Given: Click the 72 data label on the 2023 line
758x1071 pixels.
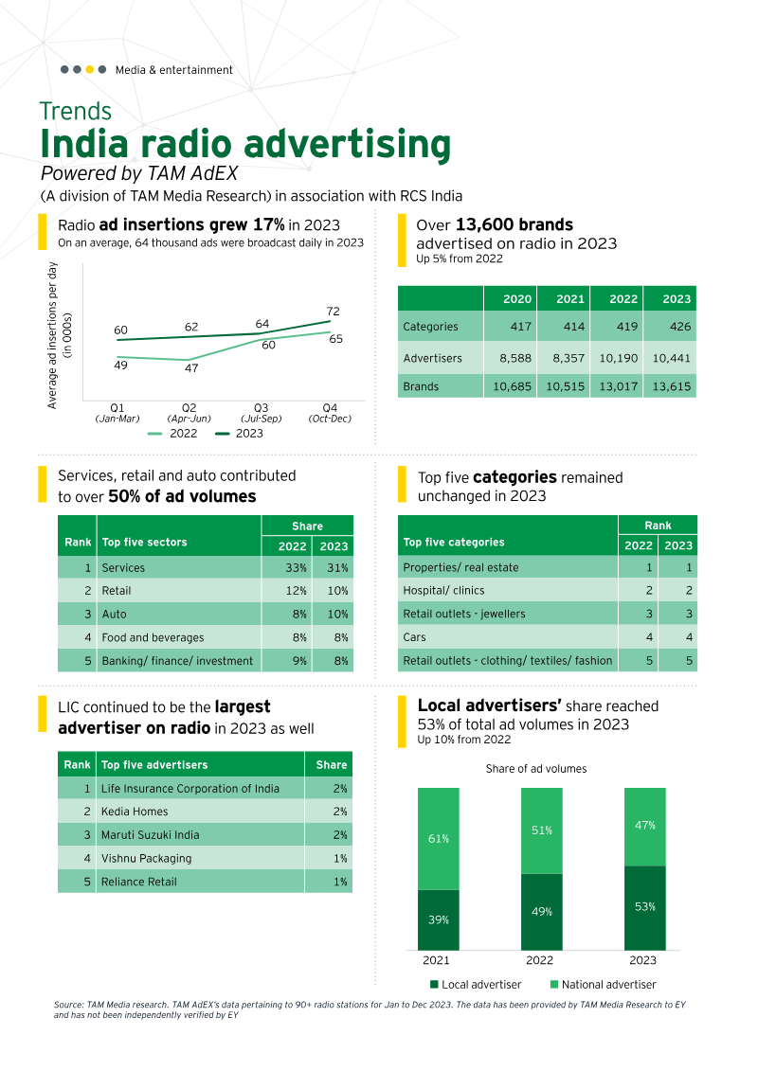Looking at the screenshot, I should point(333,312).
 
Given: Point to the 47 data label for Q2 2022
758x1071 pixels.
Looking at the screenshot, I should point(190,368).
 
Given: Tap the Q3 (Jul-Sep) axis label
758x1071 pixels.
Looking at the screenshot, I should point(261,412).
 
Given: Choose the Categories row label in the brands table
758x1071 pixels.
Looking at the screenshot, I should point(430,327).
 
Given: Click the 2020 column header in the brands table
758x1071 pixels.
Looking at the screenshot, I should point(516,299).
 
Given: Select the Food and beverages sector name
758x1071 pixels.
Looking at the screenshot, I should point(153,638).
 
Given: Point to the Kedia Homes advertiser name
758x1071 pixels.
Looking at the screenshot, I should point(135,812).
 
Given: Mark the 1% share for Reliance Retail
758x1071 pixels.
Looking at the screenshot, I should point(337,882).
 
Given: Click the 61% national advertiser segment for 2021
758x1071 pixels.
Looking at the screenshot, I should point(439,839).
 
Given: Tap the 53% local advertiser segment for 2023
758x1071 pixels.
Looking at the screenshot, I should point(644,907).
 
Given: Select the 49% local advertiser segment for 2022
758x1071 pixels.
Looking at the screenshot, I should point(541,912).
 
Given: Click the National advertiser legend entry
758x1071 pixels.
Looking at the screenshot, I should point(603,985).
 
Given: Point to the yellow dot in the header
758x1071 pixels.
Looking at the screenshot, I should point(89,69).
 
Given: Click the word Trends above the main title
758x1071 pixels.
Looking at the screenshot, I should point(76,112).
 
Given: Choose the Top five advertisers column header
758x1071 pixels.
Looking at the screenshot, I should point(154,764).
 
